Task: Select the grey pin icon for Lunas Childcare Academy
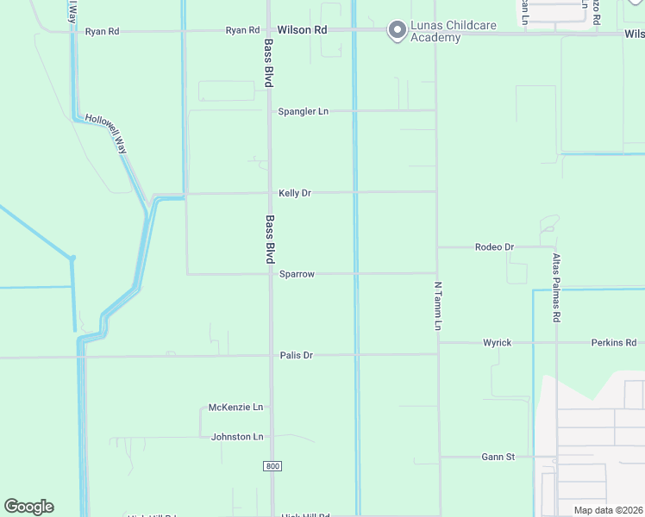tap(397, 31)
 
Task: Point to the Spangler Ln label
tap(303, 112)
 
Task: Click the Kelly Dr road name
tap(294, 193)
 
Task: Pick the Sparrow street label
tap(297, 274)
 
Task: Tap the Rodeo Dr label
tap(494, 247)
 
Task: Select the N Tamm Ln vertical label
tap(437, 306)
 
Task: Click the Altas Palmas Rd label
tap(557, 288)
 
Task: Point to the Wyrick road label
tap(497, 343)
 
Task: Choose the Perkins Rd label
tap(613, 343)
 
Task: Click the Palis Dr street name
tap(296, 355)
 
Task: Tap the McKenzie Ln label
tap(235, 408)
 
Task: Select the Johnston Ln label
tap(237, 437)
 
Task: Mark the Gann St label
tap(498, 457)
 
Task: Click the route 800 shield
tap(272, 465)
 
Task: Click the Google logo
tap(28, 507)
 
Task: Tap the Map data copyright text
tap(608, 510)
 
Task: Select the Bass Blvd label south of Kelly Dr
tap(270, 239)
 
